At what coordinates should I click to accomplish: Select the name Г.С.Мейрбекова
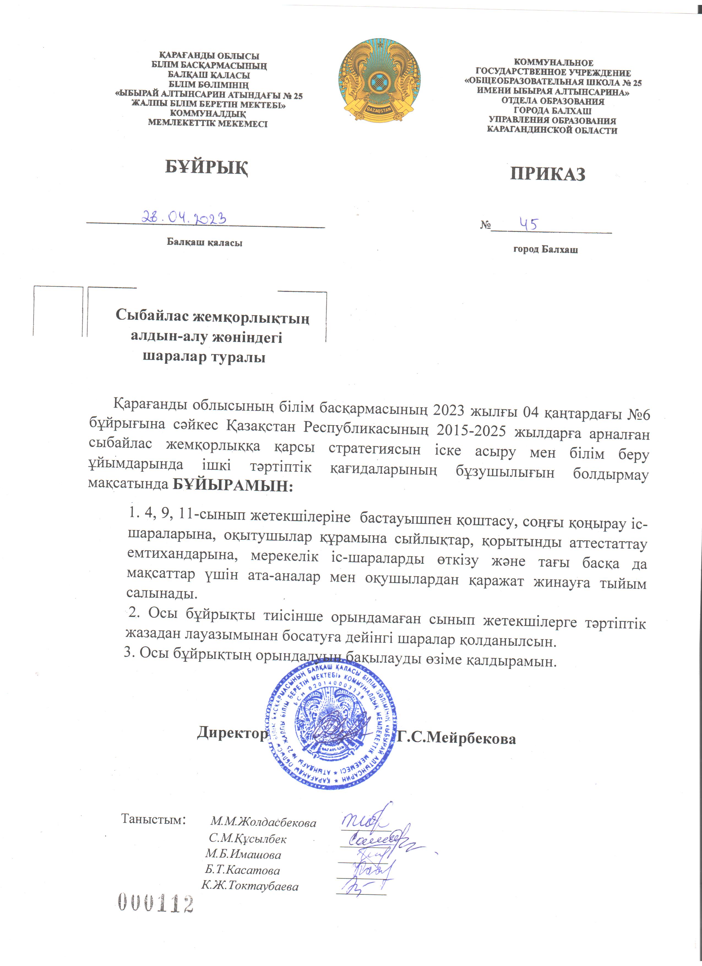456,738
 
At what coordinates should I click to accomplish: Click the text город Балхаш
545,249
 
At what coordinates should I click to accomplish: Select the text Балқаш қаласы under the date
204,243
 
